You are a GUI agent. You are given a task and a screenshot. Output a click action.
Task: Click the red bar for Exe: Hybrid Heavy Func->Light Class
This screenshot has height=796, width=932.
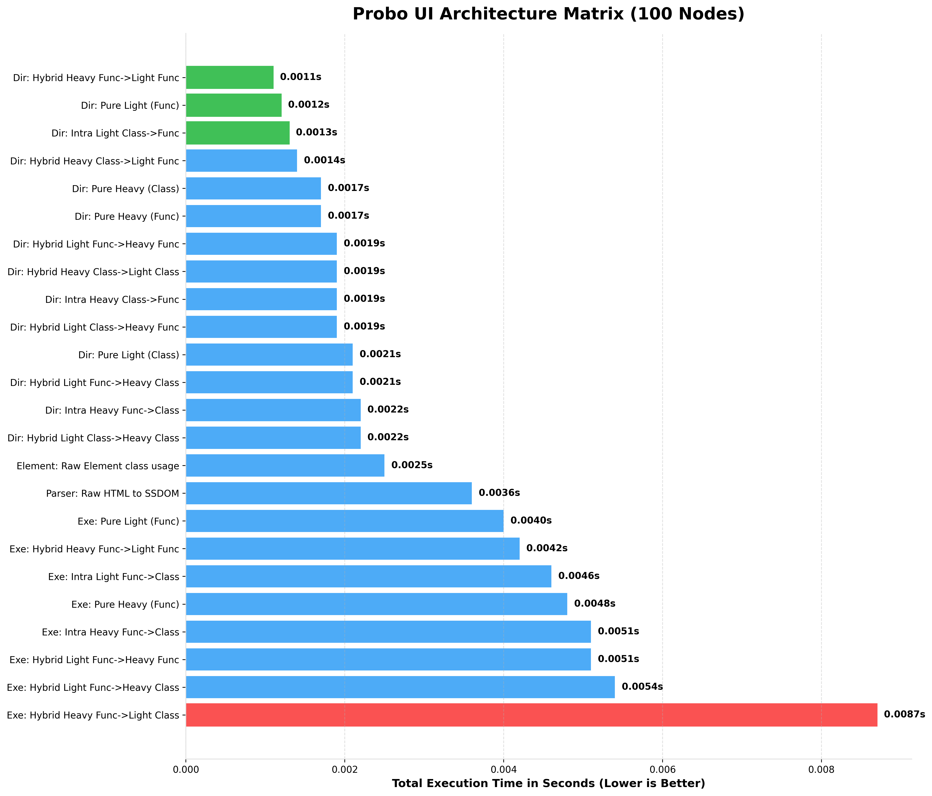531,715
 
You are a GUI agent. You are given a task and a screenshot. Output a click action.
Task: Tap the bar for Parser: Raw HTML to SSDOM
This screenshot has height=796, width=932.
328,493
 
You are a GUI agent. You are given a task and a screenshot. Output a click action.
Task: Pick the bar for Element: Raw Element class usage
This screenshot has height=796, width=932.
285,465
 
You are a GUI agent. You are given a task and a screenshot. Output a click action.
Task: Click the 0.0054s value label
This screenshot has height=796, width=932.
642,687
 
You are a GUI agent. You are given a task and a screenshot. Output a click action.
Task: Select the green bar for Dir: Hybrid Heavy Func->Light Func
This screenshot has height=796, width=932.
229,77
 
